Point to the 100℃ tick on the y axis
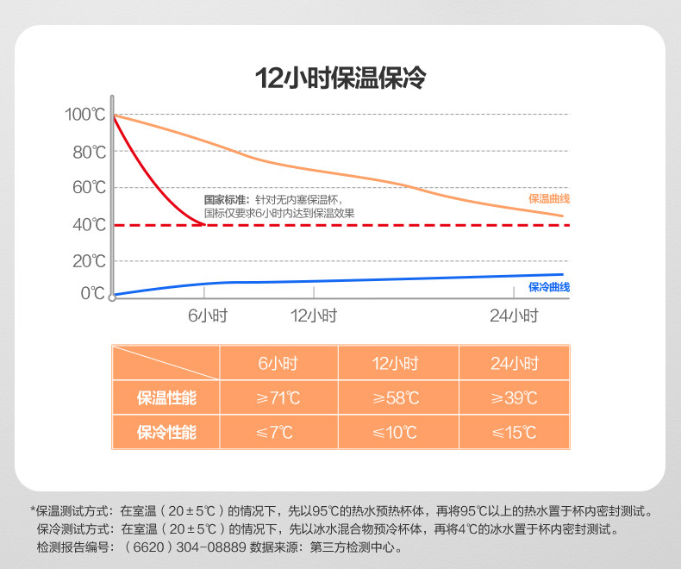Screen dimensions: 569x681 tap(84, 115)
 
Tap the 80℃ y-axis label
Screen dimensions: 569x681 tap(88, 153)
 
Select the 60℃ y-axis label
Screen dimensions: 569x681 tap(88, 188)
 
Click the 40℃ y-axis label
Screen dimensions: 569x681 tap(88, 225)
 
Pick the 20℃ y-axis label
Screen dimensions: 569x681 tap(88, 261)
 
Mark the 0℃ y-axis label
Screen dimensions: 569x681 tap(92, 293)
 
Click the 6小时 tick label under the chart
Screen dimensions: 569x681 tap(207, 316)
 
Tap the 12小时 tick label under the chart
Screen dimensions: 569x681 tap(314, 316)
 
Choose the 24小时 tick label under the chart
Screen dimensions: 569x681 tap(514, 316)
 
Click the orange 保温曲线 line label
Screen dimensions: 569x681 tap(549, 199)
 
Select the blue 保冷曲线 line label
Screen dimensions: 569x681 tap(549, 287)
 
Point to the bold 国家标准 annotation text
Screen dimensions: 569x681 tap(226, 199)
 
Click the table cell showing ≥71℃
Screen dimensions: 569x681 tap(278, 397)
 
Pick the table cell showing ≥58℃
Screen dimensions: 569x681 tap(397, 397)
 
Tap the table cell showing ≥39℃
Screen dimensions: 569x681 tap(514, 397)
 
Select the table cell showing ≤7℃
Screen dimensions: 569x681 tap(278, 432)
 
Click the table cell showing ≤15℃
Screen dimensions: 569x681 tap(514, 432)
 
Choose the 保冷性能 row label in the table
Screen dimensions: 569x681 tap(166, 432)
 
